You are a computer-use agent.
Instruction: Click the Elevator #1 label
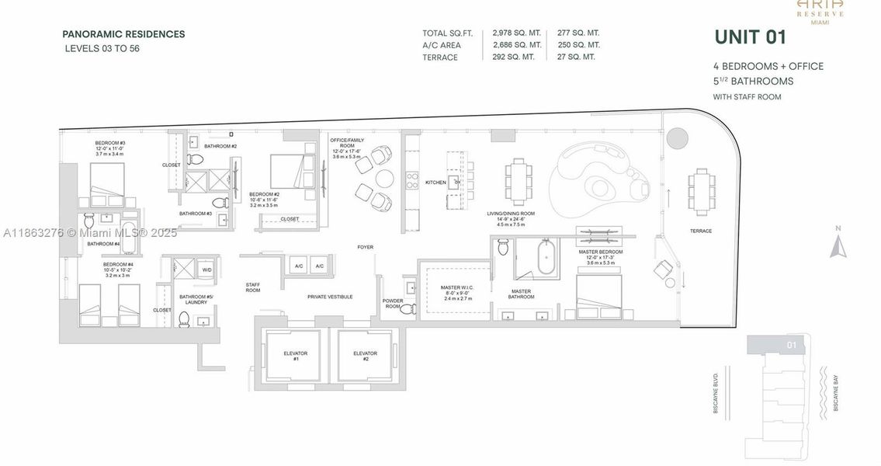[295, 356]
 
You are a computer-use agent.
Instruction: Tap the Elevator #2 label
[365, 356]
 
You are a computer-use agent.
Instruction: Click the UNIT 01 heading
[750, 37]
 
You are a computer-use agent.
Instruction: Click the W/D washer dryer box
[207, 270]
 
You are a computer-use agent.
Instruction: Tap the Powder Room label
[393, 304]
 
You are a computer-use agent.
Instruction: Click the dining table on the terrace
[702, 192]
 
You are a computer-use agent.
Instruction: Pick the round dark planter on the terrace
[677, 139]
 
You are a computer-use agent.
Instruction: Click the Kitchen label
[436, 183]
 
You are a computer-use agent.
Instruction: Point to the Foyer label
[365, 247]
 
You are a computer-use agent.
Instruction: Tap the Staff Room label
[253, 287]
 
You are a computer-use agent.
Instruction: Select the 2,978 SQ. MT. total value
[516, 33]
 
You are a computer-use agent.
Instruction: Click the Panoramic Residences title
[123, 34]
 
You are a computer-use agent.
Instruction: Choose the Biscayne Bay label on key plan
[836, 393]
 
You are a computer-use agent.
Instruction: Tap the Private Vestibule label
[330, 297]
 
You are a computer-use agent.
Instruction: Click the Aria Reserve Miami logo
[820, 11]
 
